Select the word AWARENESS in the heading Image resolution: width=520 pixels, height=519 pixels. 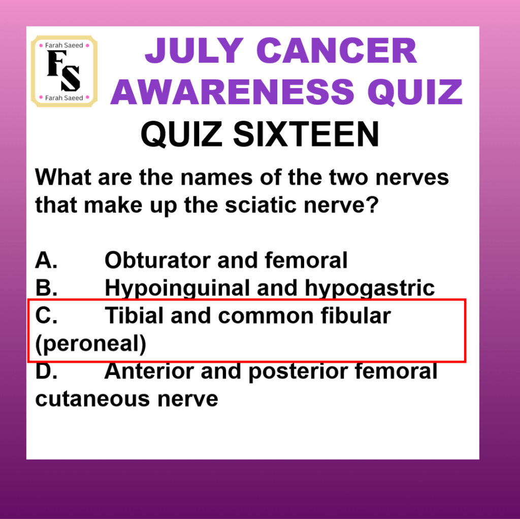(233, 92)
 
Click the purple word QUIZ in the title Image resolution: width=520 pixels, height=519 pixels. (415, 92)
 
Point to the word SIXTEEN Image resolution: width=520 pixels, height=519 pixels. (306, 134)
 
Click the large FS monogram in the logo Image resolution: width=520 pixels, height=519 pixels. (63, 71)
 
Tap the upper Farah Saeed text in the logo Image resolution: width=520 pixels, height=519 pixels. (64, 45)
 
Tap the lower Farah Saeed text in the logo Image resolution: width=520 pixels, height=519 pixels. (64, 98)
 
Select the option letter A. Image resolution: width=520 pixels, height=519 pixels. (46, 260)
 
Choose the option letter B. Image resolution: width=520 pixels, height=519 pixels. (46, 288)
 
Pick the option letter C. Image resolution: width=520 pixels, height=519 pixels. (46, 315)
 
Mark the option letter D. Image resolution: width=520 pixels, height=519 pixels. (46, 371)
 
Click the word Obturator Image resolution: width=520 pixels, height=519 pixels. (157, 260)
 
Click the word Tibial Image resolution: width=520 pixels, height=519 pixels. (134, 315)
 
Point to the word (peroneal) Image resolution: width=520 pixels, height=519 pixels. (90, 344)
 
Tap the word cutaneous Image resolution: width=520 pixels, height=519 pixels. (93, 399)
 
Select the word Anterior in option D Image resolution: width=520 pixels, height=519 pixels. (149, 371)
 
